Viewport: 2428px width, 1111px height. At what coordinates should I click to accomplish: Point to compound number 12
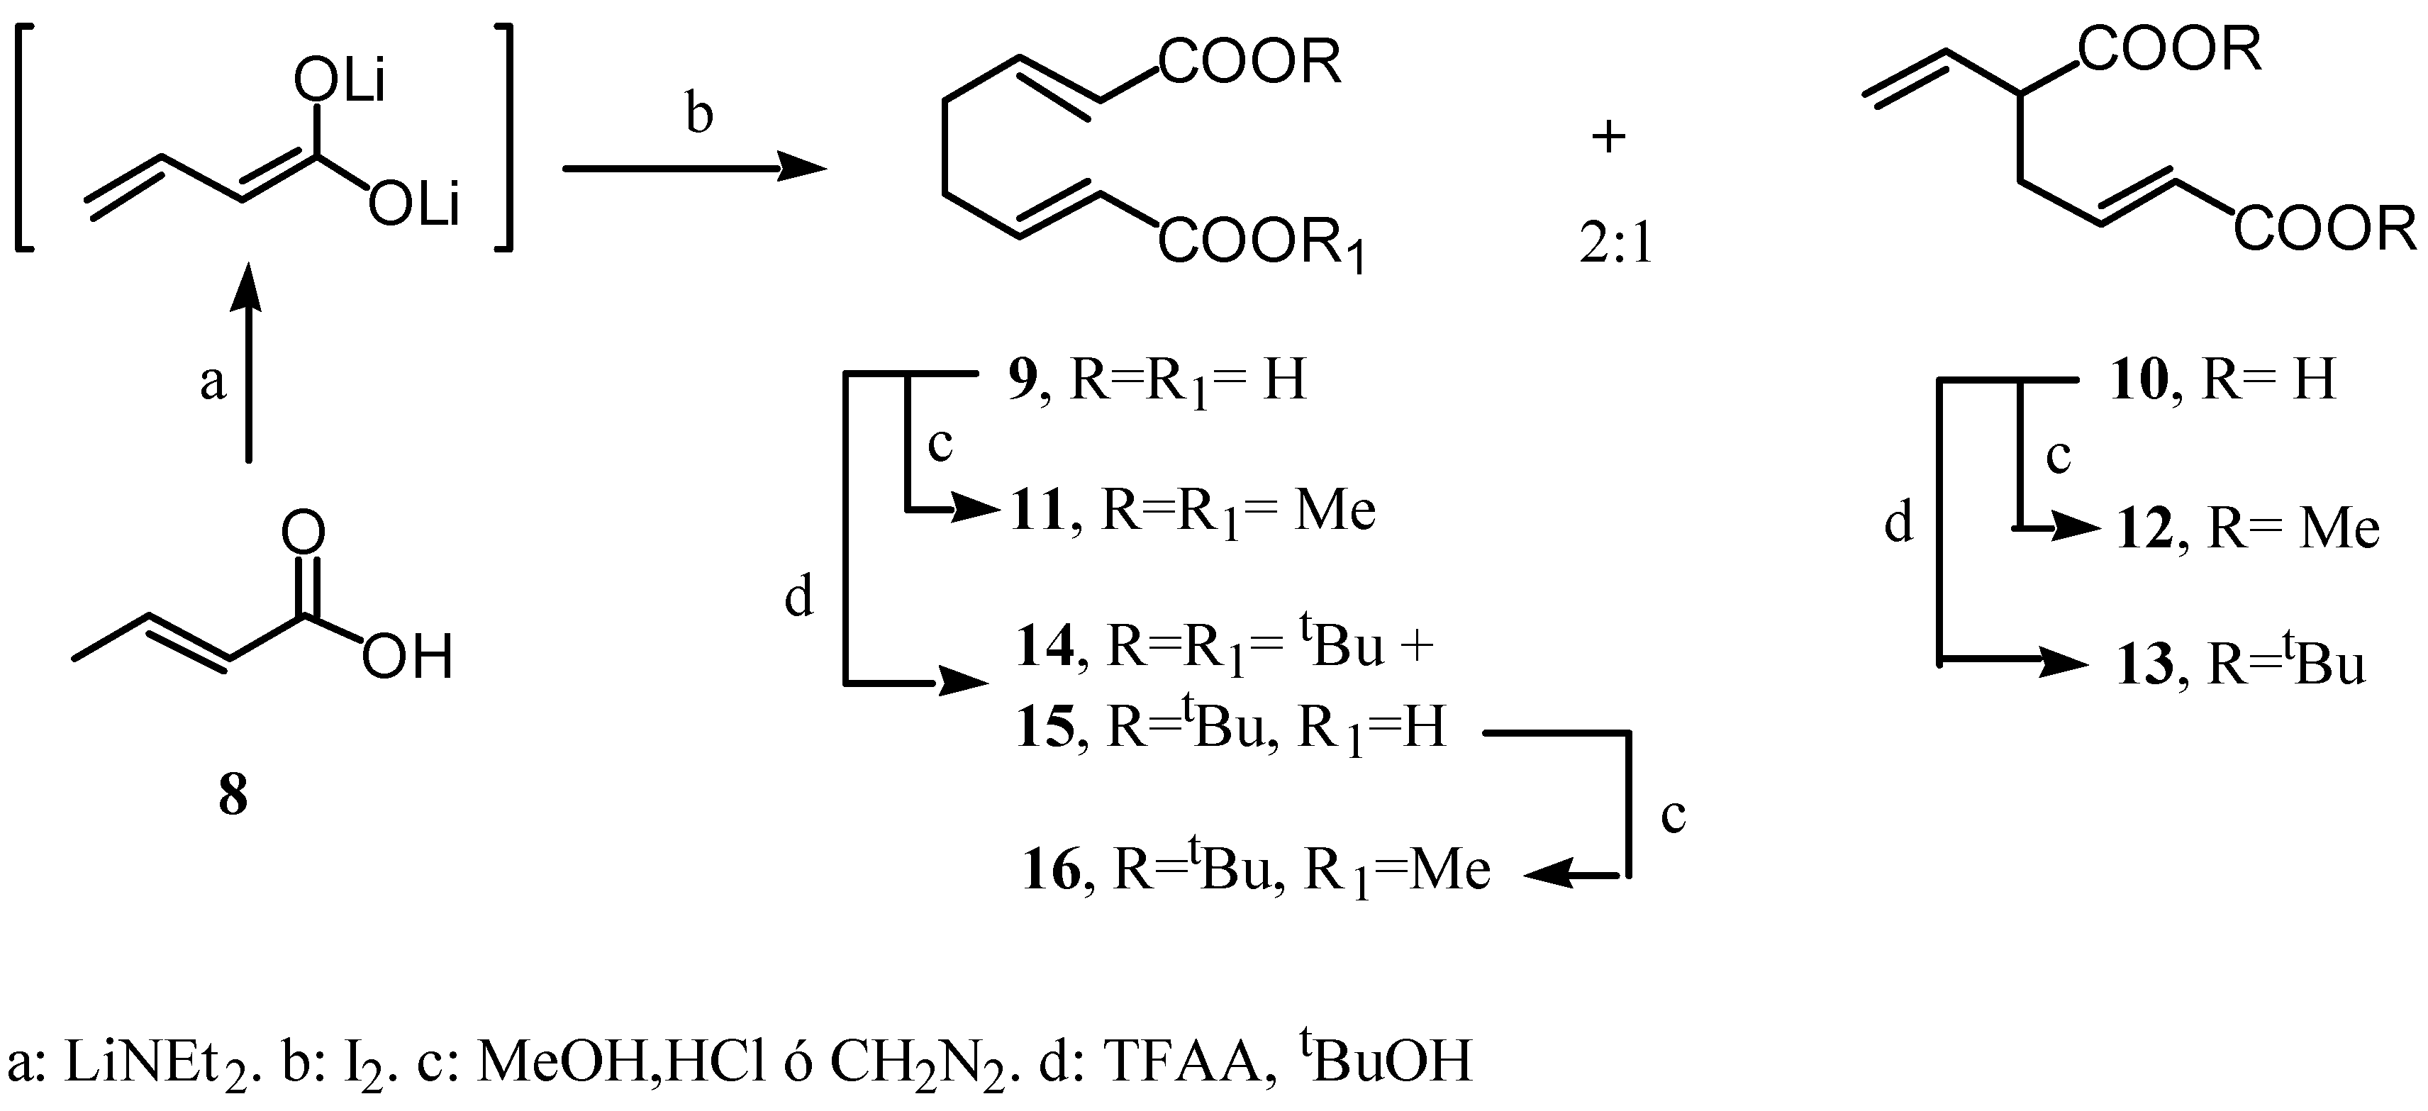click(2145, 529)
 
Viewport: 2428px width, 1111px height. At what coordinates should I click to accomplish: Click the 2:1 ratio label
click(1615, 245)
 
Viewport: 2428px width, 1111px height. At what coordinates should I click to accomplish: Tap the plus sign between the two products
click(1609, 138)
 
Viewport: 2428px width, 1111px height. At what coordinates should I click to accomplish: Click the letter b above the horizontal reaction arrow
click(698, 114)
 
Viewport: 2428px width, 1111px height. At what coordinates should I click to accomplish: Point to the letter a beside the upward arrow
click(213, 383)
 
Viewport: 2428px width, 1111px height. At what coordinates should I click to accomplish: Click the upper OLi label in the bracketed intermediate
click(340, 83)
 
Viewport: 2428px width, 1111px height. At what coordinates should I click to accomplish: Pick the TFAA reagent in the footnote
click(1183, 1062)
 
